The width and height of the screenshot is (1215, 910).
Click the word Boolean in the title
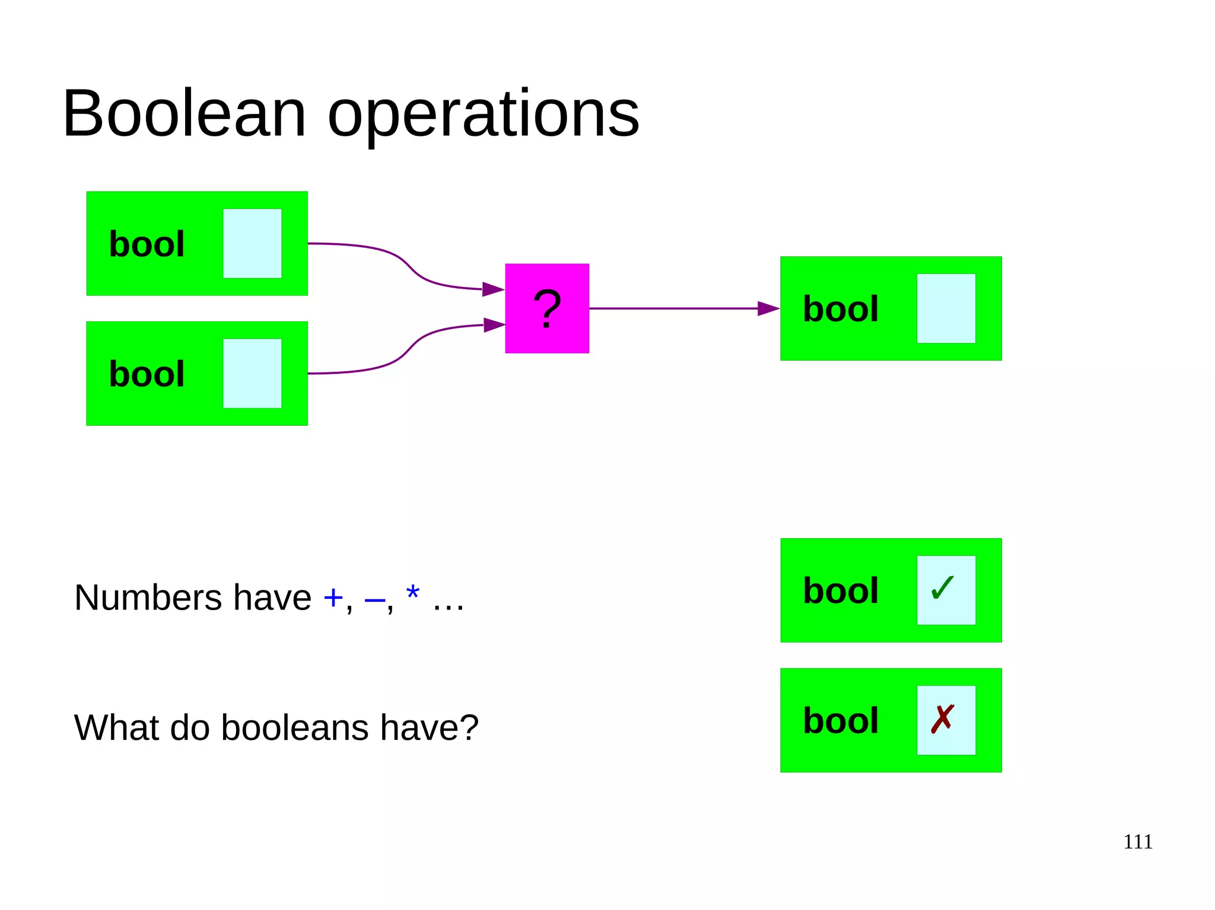(185, 113)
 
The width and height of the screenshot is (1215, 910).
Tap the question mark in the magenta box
(547, 309)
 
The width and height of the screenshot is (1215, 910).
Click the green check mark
(943, 588)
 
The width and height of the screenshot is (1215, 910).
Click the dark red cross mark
(943, 719)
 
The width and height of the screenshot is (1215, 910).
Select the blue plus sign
(333, 597)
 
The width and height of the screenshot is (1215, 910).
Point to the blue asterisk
(413, 593)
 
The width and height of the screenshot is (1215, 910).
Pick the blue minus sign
(375, 601)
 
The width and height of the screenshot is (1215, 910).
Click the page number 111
(1137, 842)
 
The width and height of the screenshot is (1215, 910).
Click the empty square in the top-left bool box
(252, 243)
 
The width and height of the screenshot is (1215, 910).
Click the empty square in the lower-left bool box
(252, 373)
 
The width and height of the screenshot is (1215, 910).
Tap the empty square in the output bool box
(946, 308)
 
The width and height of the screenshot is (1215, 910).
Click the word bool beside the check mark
(840, 591)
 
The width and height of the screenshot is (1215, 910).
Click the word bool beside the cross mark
(840, 721)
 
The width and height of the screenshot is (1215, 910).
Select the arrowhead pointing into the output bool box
(768, 308)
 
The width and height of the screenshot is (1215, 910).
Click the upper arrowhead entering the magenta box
(493, 289)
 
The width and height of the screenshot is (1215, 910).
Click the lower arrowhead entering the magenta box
(494, 325)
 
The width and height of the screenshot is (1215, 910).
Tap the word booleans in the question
(295, 727)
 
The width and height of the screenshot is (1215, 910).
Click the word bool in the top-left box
(147, 244)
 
